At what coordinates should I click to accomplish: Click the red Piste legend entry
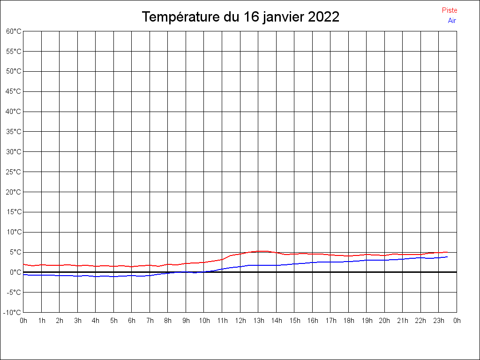click(x=450, y=10)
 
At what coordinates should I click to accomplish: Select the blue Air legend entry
click(x=452, y=21)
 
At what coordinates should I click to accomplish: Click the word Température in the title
click(x=181, y=17)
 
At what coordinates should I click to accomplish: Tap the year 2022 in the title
click(x=323, y=16)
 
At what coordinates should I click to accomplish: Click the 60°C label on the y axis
click(x=14, y=31)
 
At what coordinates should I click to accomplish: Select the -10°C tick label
click(x=12, y=313)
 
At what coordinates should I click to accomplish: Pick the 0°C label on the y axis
click(x=15, y=272)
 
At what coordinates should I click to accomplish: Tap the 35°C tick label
click(x=14, y=132)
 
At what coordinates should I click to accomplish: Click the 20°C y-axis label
click(x=14, y=192)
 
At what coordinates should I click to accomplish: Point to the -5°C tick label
click(x=14, y=292)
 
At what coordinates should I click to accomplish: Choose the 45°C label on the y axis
click(x=14, y=91)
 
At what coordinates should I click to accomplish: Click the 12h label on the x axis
click(x=240, y=321)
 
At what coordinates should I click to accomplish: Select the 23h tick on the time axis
click(x=439, y=321)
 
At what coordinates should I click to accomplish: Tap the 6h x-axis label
click(x=132, y=321)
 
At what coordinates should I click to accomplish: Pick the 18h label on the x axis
click(x=349, y=321)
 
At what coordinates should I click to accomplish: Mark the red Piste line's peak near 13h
click(x=261, y=251)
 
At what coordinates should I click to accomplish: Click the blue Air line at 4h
click(x=96, y=277)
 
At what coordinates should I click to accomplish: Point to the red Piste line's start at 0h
click(x=23, y=264)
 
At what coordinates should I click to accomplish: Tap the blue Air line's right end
click(x=448, y=257)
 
